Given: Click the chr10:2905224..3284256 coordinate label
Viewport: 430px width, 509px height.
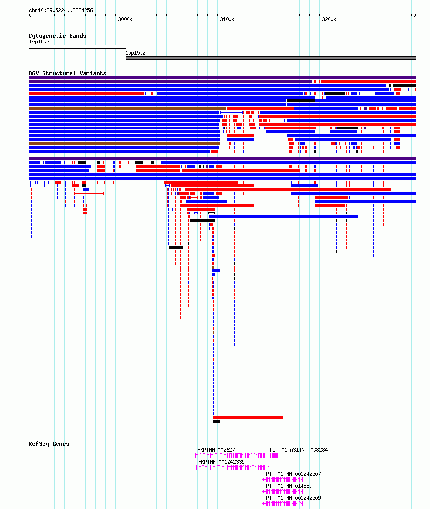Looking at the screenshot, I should coord(61,10).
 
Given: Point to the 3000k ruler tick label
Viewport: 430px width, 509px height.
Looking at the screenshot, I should coord(125,19).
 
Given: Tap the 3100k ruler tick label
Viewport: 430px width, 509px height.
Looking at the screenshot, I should coord(227,19).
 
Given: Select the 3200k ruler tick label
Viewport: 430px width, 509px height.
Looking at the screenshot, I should coord(329,19).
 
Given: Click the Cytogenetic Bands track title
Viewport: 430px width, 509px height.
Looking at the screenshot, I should coord(57,36).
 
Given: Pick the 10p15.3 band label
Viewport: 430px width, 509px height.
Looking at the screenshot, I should coord(39,42).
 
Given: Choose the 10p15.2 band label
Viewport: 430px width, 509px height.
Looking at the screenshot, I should coord(135,53).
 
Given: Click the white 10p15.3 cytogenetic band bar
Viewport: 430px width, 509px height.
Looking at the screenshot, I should coord(77,47).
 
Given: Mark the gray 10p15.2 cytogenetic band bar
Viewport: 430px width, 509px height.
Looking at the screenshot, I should coord(271,58).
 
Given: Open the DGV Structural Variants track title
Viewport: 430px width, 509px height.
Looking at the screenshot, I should coord(67,73).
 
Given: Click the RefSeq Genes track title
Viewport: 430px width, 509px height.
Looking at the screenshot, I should coord(49,444).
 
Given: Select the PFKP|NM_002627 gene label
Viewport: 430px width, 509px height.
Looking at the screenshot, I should coord(215,450).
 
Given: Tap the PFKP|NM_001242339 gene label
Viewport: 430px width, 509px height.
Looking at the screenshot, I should coord(220,462).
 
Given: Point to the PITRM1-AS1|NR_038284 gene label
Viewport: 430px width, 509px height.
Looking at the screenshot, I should coord(299,450).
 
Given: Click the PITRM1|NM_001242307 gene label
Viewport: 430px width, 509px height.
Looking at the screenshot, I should coord(293,474).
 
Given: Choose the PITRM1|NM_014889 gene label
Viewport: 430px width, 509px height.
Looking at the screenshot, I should coord(289,486).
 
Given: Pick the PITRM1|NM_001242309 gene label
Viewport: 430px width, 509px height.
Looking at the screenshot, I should coord(293,498).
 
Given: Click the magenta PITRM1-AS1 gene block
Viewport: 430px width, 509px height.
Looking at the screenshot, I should coord(274,455).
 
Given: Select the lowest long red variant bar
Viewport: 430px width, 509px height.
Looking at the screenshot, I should coord(248,418).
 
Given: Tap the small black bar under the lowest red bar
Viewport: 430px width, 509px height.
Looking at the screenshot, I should coord(216,422).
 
